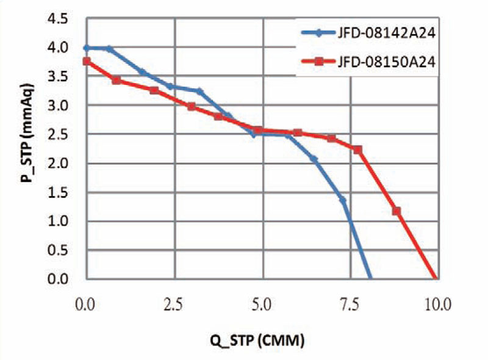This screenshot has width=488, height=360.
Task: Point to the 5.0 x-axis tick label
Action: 263,304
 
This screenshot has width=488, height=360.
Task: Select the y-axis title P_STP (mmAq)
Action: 26,148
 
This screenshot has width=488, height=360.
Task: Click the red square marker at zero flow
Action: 87,61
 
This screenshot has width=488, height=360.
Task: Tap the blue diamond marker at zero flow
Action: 87,48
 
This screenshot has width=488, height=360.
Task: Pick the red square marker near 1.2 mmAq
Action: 396,211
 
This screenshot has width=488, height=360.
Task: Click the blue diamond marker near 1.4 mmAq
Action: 343,200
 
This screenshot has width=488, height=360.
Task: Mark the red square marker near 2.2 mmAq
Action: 358,149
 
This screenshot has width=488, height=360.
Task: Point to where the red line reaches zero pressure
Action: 434,279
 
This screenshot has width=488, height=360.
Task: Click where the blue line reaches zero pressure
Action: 370,279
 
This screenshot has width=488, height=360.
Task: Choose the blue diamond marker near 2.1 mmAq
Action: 314,159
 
